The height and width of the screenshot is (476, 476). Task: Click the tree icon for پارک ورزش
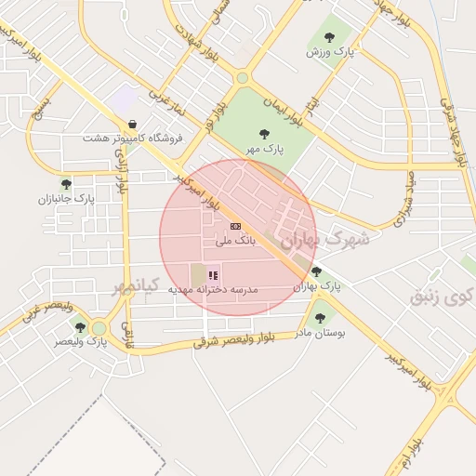point(329,37)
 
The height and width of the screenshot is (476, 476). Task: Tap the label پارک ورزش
point(329,53)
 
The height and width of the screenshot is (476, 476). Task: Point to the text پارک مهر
point(265,149)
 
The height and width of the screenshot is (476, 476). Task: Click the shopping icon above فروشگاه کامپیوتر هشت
point(132,124)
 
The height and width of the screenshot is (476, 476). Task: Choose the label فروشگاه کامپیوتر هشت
point(132,139)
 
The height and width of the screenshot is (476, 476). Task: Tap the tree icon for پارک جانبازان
point(65,183)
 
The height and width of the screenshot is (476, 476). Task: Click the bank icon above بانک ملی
point(235,226)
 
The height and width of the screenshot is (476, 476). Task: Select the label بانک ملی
point(235,242)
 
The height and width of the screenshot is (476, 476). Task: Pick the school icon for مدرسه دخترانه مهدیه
point(213,275)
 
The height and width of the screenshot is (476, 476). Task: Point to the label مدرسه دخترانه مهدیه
point(213,290)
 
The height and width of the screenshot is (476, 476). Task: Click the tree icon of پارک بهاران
point(317,272)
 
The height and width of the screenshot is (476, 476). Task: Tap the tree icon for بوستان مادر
point(320,317)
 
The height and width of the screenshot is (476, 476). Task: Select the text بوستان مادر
point(320,332)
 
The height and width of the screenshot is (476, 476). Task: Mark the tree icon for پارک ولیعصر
point(80,326)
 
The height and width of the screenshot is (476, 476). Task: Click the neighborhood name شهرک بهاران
point(324,239)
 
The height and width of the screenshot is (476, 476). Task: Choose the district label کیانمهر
point(137,284)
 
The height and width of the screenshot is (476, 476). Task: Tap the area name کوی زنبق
point(442,297)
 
